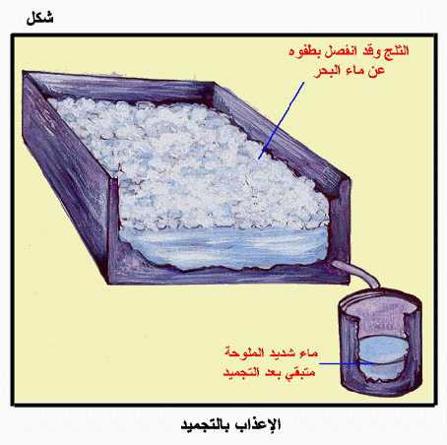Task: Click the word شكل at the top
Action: point(39,18)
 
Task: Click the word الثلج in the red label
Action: point(397,51)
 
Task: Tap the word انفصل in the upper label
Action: point(343,51)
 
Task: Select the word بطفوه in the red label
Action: point(306,52)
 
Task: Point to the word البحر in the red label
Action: point(327,71)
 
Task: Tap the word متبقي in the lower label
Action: point(300,372)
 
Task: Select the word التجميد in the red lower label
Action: point(241,372)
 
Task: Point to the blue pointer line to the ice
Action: point(281,121)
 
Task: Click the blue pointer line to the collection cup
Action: point(347,363)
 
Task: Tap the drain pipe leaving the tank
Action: point(359,273)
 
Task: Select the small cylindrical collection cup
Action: point(380,343)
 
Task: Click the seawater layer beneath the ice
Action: point(223,248)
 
